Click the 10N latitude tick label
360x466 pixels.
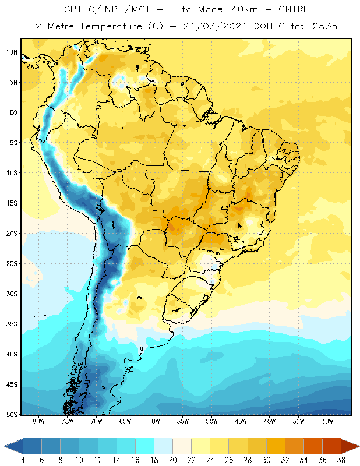pos(12,52)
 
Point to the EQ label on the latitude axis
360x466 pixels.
pos(14,112)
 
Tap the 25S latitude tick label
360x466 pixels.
pos(12,264)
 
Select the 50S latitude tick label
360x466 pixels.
pos(12,414)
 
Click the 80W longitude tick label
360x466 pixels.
pos(38,421)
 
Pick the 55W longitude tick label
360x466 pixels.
pos(183,421)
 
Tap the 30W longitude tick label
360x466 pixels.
pos(327,421)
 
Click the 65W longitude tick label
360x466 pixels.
pos(125,421)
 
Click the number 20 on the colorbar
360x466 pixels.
pos(172,460)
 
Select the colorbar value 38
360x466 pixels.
pos(341,460)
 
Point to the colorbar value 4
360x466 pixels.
pos(23,460)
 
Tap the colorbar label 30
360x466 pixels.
pos(266,460)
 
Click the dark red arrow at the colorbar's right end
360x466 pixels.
pos(350,446)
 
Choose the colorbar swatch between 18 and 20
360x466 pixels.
pos(164,446)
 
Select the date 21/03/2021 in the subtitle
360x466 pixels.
pos(215,26)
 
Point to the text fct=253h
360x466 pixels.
pos(314,26)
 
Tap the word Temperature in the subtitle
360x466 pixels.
pos(111,26)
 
